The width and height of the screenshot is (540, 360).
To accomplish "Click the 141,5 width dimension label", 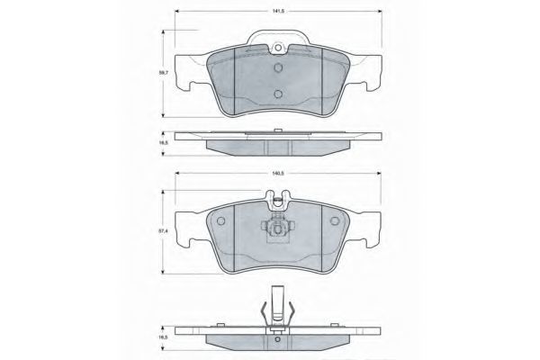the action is [x=278, y=11].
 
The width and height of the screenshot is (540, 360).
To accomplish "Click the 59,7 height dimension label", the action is [x=163, y=73].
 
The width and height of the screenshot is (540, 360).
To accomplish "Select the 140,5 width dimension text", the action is [x=278, y=174].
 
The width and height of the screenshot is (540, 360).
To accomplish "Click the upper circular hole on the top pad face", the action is [x=278, y=67].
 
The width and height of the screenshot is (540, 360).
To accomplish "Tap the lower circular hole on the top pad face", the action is [x=278, y=94].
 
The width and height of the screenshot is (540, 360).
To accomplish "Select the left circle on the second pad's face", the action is [x=220, y=220].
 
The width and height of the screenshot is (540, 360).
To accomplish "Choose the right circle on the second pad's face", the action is [x=335, y=220].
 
